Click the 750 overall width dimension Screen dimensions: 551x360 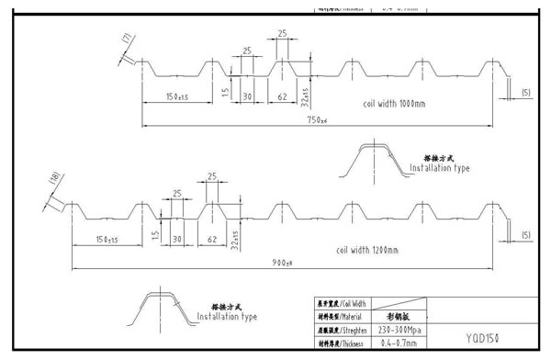tap(317, 120)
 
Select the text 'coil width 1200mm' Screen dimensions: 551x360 tap(369, 248)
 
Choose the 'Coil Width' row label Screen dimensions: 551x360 tap(342, 303)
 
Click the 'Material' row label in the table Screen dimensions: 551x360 tap(342, 317)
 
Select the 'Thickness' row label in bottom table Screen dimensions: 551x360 tap(342, 344)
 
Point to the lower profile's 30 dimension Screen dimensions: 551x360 tap(176, 239)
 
